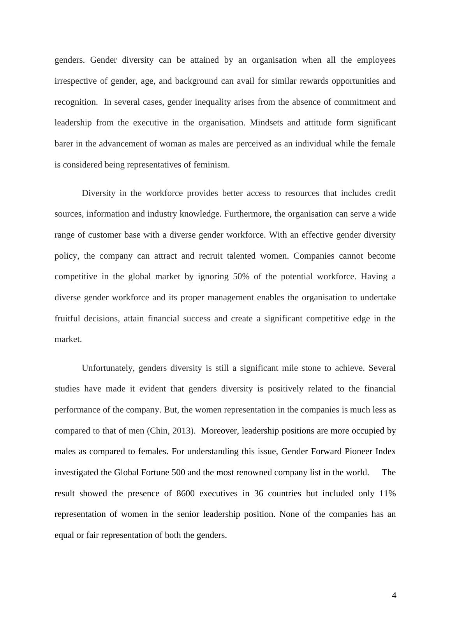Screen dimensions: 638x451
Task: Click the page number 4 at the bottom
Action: click(394, 596)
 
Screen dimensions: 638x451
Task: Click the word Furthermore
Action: click(245, 214)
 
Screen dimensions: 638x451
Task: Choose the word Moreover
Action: click(219, 431)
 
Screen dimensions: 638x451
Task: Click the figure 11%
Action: click(387, 493)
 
